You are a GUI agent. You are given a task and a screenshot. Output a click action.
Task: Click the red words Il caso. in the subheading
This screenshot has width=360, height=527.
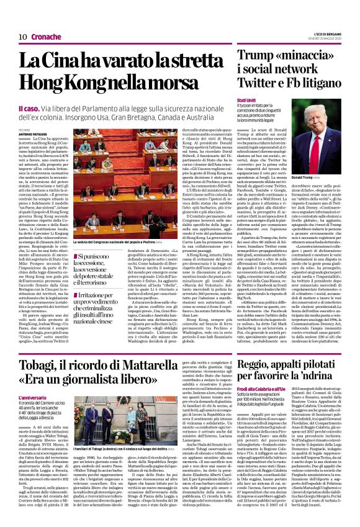[x=30, y=109]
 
